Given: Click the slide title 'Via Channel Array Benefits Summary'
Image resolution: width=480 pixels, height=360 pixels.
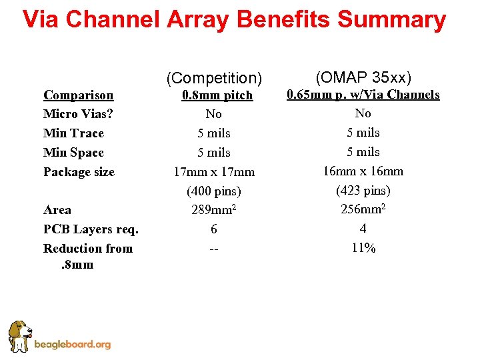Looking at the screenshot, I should click(234, 20).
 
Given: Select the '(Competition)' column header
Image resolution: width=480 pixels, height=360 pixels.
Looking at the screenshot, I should click(214, 78).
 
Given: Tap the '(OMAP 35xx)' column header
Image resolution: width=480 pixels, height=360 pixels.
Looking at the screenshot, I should click(363, 77).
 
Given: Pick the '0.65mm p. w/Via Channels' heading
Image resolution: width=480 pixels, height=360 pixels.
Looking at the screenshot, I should click(363, 95).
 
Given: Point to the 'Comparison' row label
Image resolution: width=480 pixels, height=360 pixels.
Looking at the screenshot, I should click(78, 95).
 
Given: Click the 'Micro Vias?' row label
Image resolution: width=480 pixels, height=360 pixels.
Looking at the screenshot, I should click(77, 114).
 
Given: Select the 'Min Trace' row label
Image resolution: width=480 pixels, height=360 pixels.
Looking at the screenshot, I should click(73, 133).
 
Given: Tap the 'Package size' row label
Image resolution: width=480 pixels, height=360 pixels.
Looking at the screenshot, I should click(79, 172).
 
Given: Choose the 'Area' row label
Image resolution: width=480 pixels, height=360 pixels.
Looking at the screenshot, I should click(57, 210).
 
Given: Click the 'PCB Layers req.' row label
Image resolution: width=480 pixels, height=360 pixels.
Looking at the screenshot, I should click(91, 229).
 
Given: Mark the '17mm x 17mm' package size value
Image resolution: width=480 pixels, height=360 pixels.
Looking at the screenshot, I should click(214, 172).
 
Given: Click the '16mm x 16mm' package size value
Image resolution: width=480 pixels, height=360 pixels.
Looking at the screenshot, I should click(363, 171).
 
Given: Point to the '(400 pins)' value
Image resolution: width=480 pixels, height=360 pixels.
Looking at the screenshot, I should click(214, 191).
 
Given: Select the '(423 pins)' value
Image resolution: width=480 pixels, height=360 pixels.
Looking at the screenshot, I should click(363, 191).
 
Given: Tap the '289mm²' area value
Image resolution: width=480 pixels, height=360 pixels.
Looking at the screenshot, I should click(214, 210).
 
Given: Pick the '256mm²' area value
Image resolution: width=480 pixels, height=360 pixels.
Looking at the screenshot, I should click(363, 209).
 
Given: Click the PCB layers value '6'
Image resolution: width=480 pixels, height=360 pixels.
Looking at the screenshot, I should click(214, 229).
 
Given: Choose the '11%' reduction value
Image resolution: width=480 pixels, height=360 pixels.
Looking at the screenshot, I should click(363, 248).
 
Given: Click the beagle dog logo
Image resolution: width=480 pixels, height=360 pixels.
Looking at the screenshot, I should click(19, 336).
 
